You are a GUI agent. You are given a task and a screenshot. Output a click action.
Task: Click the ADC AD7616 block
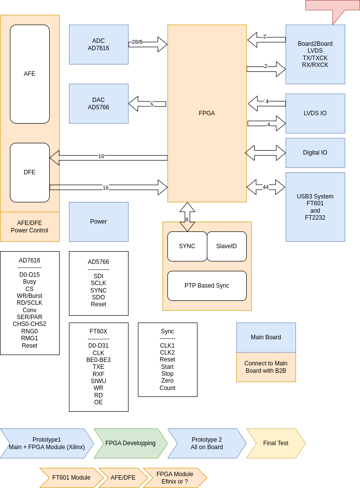click(x=98, y=44)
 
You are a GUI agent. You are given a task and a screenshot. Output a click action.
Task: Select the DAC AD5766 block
click(x=98, y=103)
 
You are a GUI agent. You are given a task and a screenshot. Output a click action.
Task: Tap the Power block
click(x=98, y=222)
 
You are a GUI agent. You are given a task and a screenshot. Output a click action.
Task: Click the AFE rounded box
click(x=30, y=74)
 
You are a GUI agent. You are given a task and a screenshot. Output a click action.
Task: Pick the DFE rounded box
click(x=30, y=172)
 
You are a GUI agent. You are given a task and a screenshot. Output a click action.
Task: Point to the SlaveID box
click(x=227, y=246)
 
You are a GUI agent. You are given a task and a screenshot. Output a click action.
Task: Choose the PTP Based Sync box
click(x=207, y=286)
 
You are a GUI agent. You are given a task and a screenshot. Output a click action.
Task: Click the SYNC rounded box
click(x=187, y=246)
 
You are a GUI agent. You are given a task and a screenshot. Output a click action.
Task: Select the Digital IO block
click(x=315, y=153)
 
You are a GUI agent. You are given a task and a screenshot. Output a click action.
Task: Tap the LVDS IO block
click(x=315, y=113)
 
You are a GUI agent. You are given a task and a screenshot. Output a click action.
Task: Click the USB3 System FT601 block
click(x=315, y=207)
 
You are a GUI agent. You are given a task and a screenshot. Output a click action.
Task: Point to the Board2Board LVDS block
click(x=315, y=54)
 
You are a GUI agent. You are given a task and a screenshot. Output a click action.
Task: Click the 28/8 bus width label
click(x=137, y=42)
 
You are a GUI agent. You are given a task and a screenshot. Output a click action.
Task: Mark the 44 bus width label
click(x=265, y=188)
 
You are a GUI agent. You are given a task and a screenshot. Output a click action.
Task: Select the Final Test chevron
click(x=276, y=443)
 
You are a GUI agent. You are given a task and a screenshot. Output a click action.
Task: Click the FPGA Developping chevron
click(x=131, y=443)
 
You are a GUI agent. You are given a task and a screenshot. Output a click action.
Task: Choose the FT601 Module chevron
click(x=71, y=478)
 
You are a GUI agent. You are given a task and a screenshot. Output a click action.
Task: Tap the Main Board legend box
click(x=266, y=337)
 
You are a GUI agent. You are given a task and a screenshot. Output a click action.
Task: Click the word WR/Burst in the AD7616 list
click(x=30, y=296)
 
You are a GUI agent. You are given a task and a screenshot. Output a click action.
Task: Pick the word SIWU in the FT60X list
click(x=98, y=381)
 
